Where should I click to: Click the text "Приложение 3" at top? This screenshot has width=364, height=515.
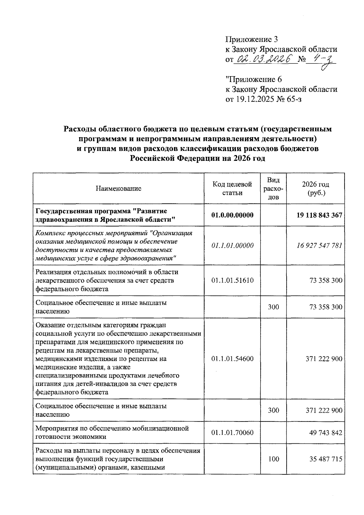(251, 39)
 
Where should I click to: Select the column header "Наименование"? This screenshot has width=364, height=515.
(119, 189)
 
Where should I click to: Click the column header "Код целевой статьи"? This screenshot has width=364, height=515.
(232, 189)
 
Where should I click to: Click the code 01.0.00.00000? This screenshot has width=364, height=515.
(232, 215)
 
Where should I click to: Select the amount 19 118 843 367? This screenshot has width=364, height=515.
(319, 215)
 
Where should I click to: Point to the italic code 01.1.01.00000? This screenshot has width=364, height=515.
(232, 246)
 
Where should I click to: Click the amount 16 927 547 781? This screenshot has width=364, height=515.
(319, 246)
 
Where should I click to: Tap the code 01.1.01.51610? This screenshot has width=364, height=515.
(232, 280)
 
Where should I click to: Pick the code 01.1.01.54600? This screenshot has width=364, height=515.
(232, 359)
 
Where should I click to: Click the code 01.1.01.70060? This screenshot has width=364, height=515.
(232, 432)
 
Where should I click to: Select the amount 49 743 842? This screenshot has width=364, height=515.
(325, 432)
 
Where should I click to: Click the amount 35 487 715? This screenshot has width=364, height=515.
(325, 459)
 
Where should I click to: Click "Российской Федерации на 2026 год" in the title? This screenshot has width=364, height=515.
(197, 158)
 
